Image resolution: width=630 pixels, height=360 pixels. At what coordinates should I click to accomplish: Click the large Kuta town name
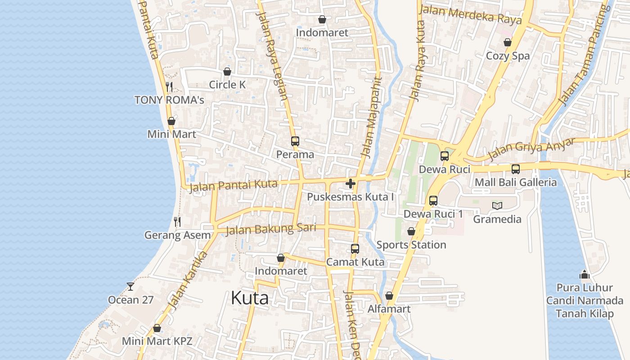click(250, 298)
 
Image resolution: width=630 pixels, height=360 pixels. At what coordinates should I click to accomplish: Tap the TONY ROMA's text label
click(169, 100)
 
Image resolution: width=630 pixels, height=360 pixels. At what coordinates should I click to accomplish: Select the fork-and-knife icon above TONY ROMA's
click(169, 86)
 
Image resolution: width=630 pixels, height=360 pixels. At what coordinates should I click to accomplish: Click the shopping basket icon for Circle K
click(227, 72)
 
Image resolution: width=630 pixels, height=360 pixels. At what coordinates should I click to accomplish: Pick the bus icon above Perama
click(295, 141)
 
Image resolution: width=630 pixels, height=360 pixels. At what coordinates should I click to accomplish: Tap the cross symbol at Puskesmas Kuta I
click(351, 184)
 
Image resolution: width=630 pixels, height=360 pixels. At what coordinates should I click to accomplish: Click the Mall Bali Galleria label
click(516, 182)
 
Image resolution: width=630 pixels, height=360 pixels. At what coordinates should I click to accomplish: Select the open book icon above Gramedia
click(497, 206)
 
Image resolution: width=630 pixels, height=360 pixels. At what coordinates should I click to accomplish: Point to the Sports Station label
click(411, 245)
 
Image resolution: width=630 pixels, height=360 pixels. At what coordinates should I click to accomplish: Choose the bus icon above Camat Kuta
click(355, 249)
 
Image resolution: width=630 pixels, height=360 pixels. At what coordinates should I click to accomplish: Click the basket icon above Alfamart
click(389, 296)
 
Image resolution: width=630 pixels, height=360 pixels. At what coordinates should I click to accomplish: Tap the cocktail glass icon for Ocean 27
click(130, 286)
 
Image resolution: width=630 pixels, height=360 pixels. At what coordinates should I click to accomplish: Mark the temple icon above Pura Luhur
click(585, 274)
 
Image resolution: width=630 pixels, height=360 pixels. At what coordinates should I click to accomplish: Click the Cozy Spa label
click(508, 56)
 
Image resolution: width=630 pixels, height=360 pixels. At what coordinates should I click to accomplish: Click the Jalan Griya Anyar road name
click(531, 149)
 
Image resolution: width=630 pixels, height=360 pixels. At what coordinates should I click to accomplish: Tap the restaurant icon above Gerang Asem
click(177, 222)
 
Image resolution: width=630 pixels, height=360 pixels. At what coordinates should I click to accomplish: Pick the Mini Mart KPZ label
click(157, 341)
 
